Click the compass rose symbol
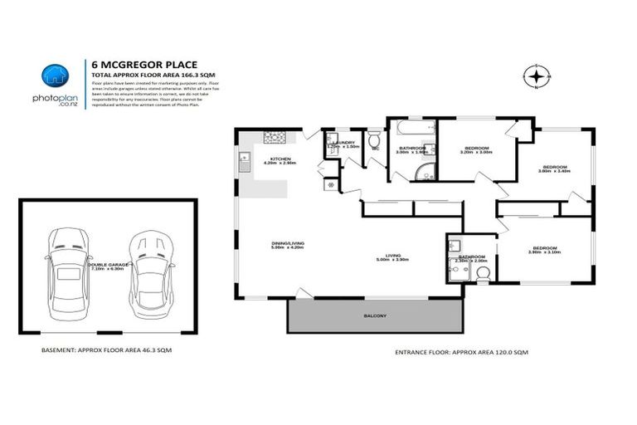(x=537, y=77)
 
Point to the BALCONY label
(x=375, y=316)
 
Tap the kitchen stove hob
(x=275, y=137)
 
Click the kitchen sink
(x=245, y=163)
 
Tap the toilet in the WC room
(x=375, y=141)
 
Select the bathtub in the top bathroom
(x=413, y=131)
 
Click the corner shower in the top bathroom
(x=425, y=172)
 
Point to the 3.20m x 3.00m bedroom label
(x=475, y=150)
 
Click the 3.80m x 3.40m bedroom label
(x=553, y=169)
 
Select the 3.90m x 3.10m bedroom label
(x=546, y=250)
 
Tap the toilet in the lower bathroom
(x=484, y=272)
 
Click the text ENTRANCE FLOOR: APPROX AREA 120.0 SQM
(x=461, y=352)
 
